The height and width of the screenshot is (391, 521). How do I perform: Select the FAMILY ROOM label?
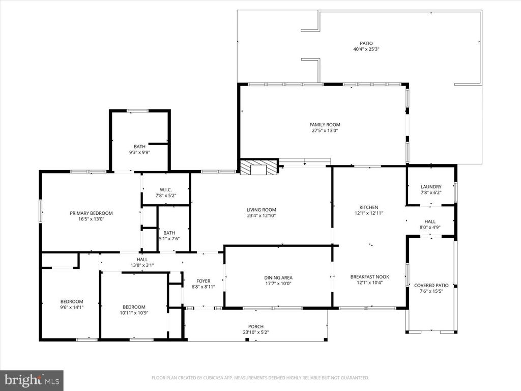(325, 125)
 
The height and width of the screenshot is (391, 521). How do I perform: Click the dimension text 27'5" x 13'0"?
(325, 131)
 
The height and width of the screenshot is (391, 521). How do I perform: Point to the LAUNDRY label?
(431, 187)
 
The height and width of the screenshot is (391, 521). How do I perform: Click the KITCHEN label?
(369, 207)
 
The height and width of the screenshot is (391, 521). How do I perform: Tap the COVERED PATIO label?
(431, 286)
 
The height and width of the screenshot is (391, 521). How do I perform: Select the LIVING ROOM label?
(262, 210)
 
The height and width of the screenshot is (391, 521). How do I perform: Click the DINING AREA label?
(278, 277)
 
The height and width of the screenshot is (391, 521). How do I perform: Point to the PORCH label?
(256, 326)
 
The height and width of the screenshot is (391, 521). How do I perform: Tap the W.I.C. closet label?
(165, 190)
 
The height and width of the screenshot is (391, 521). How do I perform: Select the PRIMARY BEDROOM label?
(91, 213)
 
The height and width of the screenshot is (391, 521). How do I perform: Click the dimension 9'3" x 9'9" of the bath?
(139, 152)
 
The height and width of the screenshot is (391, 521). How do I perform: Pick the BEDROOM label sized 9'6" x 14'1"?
(72, 301)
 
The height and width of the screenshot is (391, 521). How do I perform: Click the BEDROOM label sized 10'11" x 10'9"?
(134, 307)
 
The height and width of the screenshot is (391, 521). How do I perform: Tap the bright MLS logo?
(32, 380)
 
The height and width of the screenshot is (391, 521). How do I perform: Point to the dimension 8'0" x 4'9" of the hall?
(430, 228)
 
